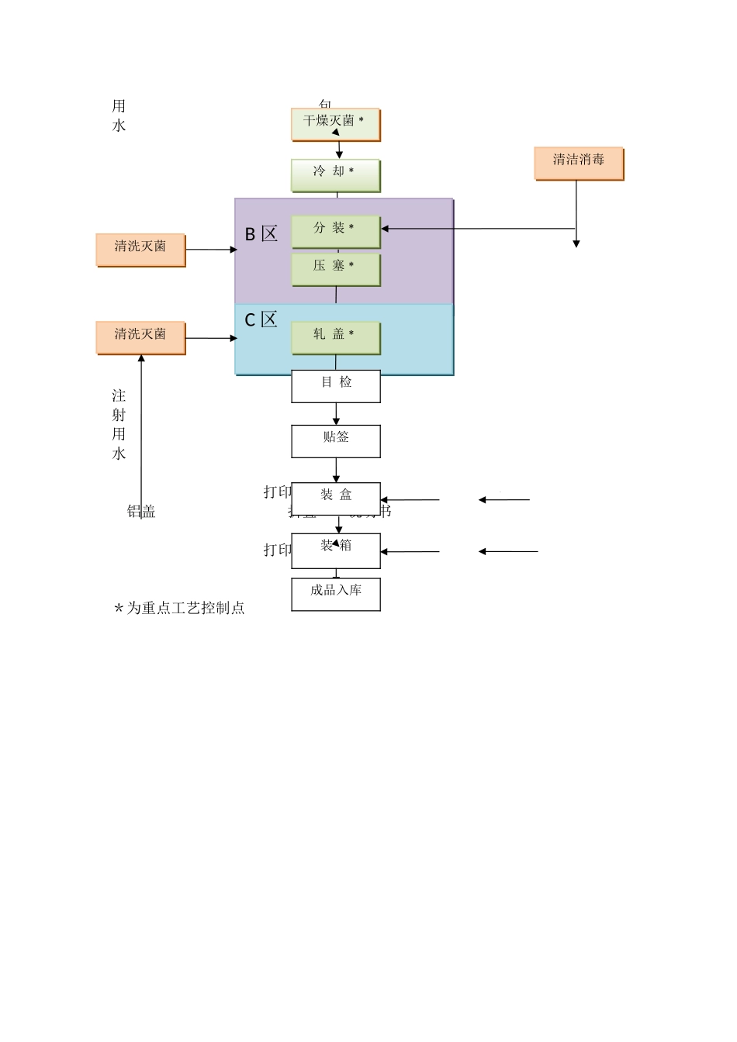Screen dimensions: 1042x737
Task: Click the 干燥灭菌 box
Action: (x=335, y=124)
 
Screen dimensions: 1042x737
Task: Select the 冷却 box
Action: (x=335, y=175)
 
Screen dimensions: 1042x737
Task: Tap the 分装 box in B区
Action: (x=335, y=231)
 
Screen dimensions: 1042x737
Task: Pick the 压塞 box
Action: (x=335, y=269)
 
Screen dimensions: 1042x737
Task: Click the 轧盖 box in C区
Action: (x=335, y=337)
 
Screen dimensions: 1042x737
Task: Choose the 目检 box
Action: (x=335, y=385)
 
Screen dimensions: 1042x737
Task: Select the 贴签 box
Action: (x=335, y=440)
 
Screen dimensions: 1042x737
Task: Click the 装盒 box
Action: (x=335, y=499)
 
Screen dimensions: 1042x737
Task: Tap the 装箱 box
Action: (x=335, y=550)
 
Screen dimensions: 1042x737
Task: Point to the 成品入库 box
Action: (x=335, y=593)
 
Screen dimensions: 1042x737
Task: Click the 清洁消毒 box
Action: (x=578, y=163)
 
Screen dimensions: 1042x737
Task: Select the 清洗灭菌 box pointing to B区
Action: (x=140, y=249)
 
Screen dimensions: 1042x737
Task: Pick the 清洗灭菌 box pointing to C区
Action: (x=140, y=337)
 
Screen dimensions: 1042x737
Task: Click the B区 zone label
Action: (x=261, y=234)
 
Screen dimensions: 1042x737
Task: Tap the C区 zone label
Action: (x=261, y=319)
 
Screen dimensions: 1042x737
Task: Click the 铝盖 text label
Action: (x=141, y=511)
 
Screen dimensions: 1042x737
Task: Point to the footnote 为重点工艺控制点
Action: (x=180, y=608)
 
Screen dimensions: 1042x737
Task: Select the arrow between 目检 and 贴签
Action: (x=336, y=413)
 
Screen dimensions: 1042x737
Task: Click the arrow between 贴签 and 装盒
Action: (x=336, y=470)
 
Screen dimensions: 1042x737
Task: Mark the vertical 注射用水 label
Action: (x=119, y=424)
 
